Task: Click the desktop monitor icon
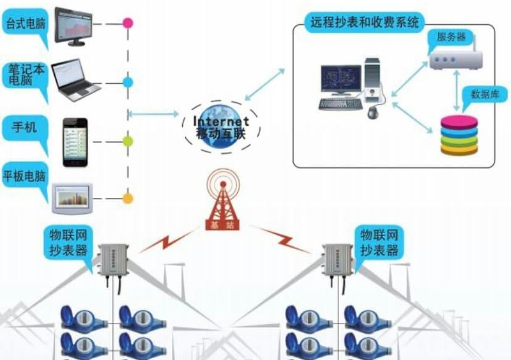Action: click(x=81, y=26)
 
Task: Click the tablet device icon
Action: click(x=73, y=198)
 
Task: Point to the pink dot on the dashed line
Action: click(x=128, y=24)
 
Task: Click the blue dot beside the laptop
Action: click(x=128, y=82)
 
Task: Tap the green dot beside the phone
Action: click(x=128, y=141)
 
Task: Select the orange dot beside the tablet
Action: click(x=128, y=199)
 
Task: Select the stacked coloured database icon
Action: click(x=459, y=135)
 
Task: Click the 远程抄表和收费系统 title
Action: click(x=365, y=22)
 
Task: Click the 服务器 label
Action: click(x=450, y=36)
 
